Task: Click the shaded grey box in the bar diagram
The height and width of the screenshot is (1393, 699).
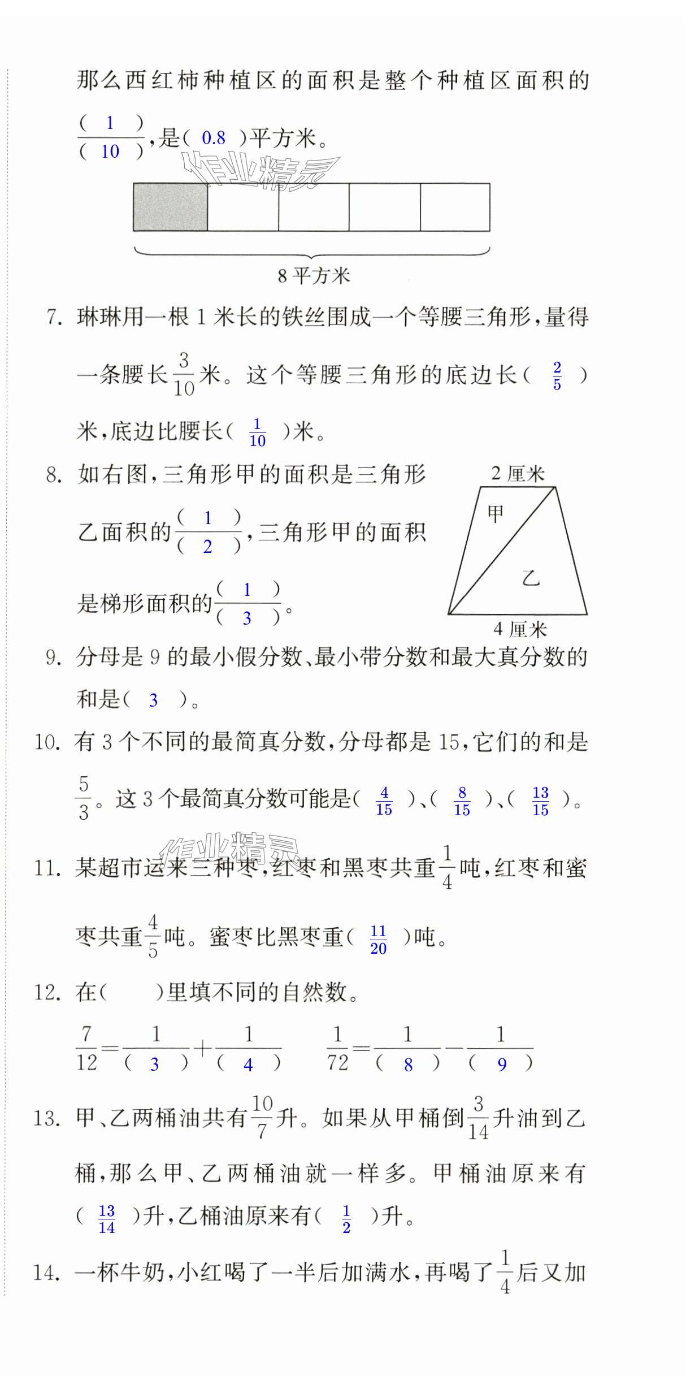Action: coord(170,207)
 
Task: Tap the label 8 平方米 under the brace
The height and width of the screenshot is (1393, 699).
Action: coord(314,276)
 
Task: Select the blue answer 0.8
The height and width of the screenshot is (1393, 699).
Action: coord(214,138)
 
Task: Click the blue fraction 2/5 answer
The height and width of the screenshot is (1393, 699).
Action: coord(557,376)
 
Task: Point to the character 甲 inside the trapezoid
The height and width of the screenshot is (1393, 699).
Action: coord(495,514)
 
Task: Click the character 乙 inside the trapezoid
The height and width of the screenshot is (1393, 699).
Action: coord(531,578)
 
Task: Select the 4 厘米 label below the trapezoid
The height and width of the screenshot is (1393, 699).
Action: coord(520,629)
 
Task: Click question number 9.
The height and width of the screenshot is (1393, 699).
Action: coord(53,657)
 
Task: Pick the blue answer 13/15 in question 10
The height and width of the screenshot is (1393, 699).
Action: coord(540,801)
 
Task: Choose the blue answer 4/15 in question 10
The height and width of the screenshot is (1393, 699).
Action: coord(384,801)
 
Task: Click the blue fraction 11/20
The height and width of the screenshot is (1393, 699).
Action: coord(378,940)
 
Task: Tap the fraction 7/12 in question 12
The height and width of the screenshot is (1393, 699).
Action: coord(86,1049)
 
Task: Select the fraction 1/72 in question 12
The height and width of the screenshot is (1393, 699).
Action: coord(337,1049)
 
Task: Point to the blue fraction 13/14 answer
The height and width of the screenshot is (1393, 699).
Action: coord(106,1219)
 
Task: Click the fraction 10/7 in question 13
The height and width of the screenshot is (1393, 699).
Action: coord(262,1117)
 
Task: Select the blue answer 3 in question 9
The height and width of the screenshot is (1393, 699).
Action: coord(153,700)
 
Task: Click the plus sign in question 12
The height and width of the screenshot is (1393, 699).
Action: coord(202,1049)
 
